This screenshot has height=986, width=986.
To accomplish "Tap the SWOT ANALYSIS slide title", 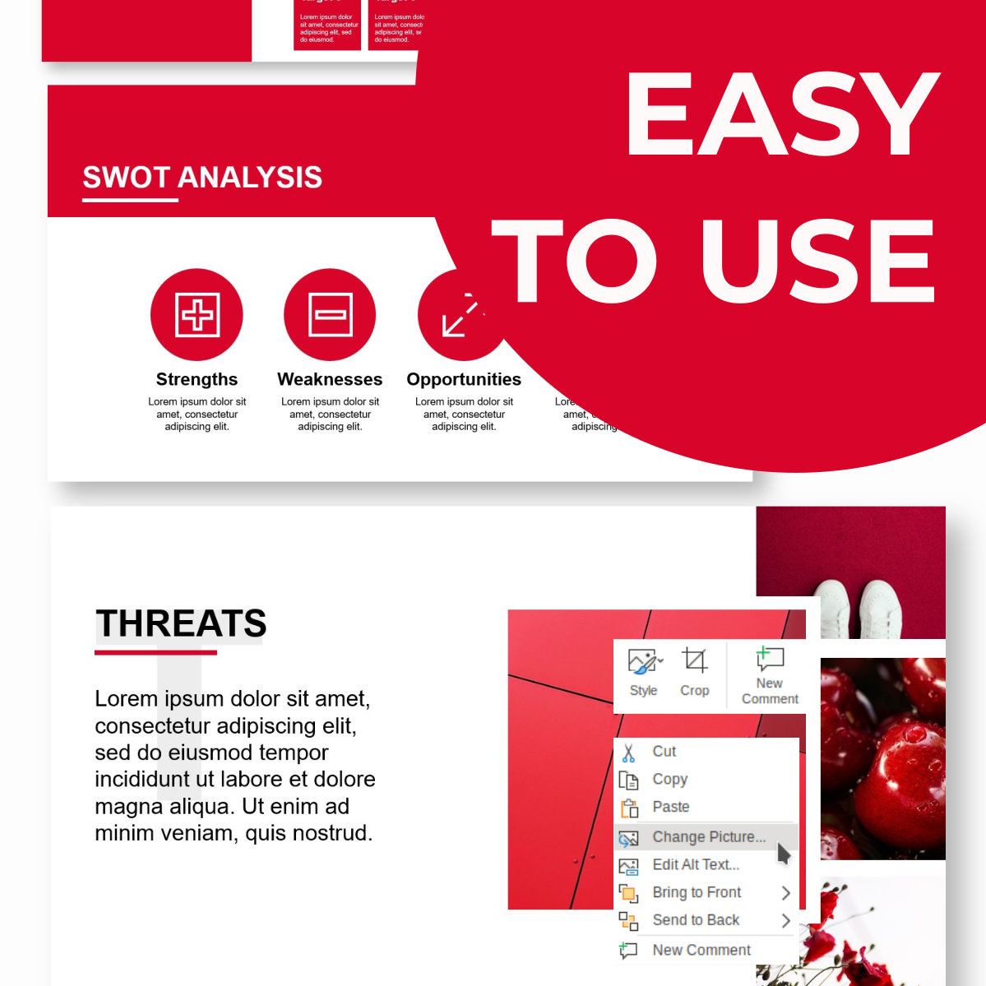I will coord(202,178).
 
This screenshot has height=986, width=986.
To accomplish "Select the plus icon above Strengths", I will coord(197,315).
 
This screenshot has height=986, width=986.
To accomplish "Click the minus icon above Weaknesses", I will coord(331,315).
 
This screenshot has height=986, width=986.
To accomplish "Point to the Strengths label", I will coord(197,379).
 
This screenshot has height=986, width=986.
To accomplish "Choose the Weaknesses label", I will coord(330,379).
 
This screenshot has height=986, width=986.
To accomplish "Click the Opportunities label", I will coord(464,379).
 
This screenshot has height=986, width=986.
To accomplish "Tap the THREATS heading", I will coord(181,623).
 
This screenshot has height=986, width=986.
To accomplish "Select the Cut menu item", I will coord(664,752).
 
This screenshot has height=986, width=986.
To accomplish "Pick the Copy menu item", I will coord(669,779).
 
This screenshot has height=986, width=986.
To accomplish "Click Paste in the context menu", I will coord(670,807).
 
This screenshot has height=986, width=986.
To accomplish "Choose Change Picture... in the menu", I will coord(708,837).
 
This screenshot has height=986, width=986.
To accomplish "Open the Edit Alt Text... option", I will coord(696,864).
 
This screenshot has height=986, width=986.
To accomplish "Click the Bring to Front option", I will coord(697,892).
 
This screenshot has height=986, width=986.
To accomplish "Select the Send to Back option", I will coord(696,920).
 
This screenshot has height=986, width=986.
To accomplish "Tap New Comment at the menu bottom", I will coord(701,950).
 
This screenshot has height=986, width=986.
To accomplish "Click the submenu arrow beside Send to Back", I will coord(785,920).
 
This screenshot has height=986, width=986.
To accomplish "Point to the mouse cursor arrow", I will coord(783,854).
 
